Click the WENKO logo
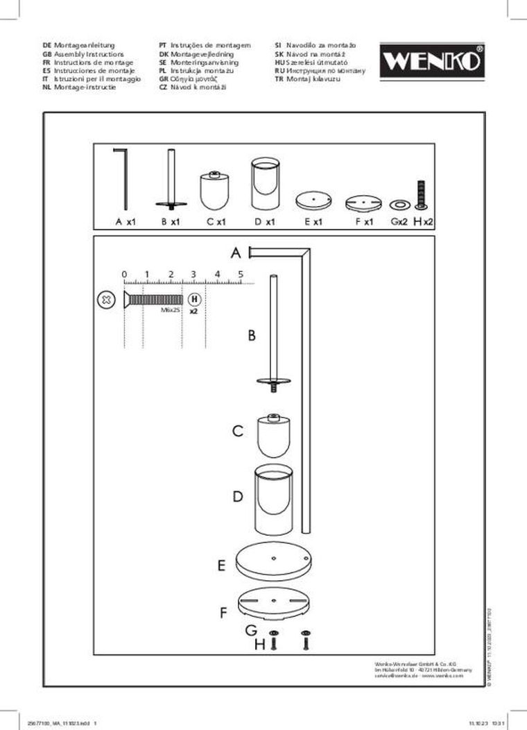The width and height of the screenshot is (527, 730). click(x=431, y=60)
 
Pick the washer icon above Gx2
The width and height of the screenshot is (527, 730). click(x=399, y=205)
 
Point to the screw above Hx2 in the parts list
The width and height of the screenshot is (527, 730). click(x=420, y=194)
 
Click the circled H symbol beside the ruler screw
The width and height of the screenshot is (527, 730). click(x=195, y=300)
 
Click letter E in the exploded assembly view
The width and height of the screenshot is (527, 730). click(x=221, y=566)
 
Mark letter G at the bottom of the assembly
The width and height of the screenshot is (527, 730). click(x=251, y=631)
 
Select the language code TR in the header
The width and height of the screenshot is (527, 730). click(x=279, y=79)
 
